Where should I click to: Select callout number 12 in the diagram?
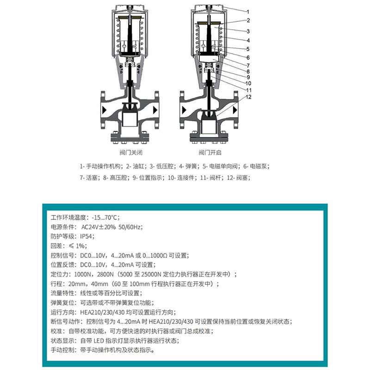tap(249, 97)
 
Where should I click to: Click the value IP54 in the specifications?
tap(87, 236)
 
